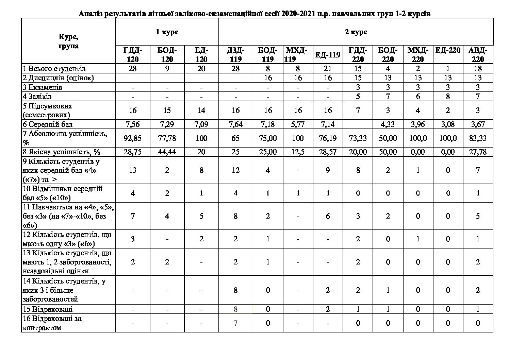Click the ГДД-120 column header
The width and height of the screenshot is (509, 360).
[133, 55]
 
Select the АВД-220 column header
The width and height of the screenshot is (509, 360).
[478, 55]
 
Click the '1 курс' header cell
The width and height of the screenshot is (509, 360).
[167, 32]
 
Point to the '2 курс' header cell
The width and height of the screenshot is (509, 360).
[356, 32]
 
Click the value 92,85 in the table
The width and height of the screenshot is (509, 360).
[133, 138]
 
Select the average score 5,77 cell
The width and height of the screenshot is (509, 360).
[298, 124]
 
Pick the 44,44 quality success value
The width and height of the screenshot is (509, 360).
[167, 152]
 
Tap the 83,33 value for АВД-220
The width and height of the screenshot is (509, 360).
[478, 138]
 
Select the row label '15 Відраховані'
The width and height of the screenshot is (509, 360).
[47, 309]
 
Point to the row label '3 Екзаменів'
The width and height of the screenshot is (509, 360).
[43, 87]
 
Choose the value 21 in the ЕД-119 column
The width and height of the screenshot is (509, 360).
[328, 69]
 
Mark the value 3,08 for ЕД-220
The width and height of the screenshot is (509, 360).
[448, 124]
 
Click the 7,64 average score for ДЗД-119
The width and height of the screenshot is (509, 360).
[235, 124]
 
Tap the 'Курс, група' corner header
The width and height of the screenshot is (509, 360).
[68, 41]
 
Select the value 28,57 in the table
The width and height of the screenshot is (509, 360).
[328, 152]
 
